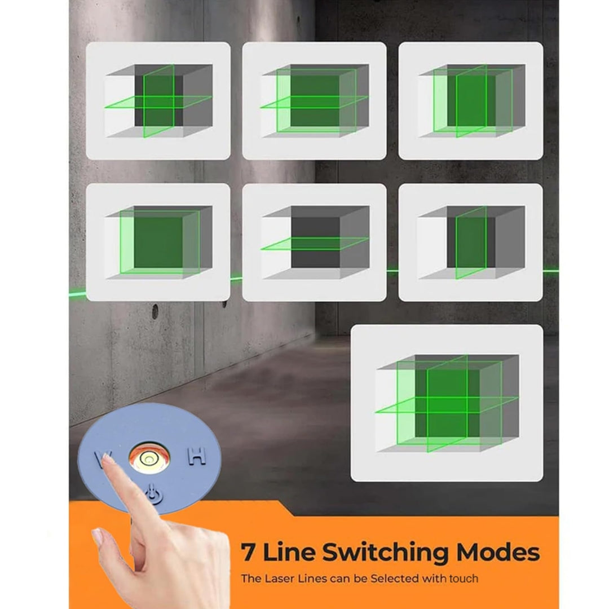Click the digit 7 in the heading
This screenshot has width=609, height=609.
pos(249,552)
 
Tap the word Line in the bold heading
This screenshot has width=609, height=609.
pos(289,551)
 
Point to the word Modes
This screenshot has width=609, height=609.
pos(498,551)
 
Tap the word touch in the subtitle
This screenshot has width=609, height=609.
pos(464,579)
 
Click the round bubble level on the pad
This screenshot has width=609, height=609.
pos(149,458)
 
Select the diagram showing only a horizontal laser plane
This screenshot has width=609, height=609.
pos(314,242)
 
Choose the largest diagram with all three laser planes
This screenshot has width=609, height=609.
pos(447,403)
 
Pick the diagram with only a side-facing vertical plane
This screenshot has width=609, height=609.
pos(471,242)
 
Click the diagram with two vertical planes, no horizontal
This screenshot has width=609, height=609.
pos(471,100)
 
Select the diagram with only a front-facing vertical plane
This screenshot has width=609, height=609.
pos(158,242)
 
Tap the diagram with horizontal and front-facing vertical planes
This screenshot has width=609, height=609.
pos(314,100)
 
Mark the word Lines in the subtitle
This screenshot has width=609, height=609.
pos(312,579)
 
